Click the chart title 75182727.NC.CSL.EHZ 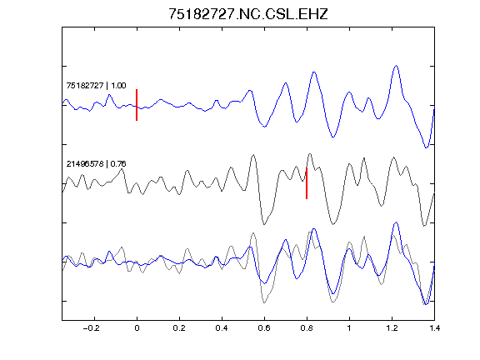coord(248,14)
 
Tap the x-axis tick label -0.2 coord(92,328)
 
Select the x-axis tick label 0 coord(137,328)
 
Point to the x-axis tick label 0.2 coord(179,328)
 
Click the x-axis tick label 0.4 coord(222,328)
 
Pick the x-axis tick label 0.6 coord(264,328)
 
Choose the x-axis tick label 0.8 coord(307,328)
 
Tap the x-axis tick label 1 coord(349,328)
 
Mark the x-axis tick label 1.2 coord(392,328)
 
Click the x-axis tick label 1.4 coord(434,328)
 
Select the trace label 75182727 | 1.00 coord(96,85)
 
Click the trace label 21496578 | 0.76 coord(96,164)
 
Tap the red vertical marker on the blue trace coord(137,105)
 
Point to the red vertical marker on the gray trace coord(307,183)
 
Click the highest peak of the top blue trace coord(396,66)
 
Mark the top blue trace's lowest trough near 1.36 coord(426,147)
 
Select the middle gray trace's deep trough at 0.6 coord(264,224)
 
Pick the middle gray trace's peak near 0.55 coord(253,155)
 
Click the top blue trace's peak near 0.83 coord(314,72)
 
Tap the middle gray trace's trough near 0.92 coord(333,224)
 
